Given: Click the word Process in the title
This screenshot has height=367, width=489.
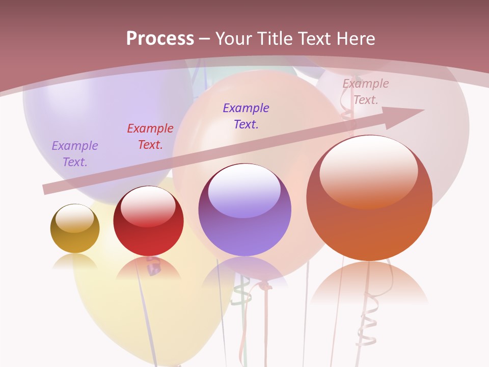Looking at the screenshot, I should pos(160,39).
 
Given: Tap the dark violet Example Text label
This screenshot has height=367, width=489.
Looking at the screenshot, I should pos(246,116).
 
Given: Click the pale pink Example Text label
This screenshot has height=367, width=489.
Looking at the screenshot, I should pos(366,92).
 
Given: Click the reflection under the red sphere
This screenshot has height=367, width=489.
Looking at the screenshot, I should pos(148,268).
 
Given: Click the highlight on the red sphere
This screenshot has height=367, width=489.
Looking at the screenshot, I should pos(148,206).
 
